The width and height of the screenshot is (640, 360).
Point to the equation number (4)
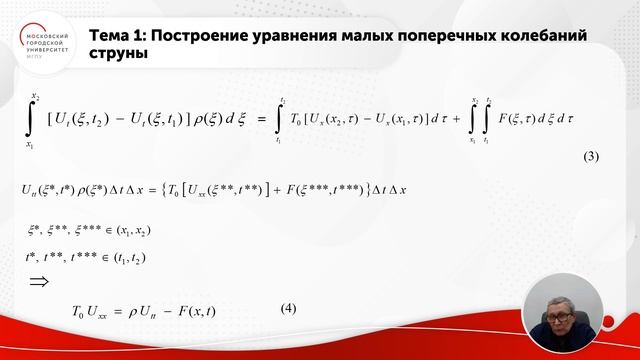point(288,308)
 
